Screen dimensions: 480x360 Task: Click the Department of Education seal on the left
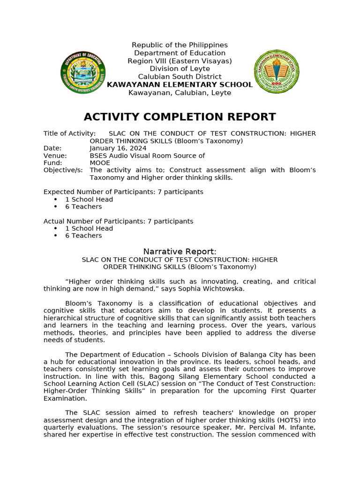point(83,73)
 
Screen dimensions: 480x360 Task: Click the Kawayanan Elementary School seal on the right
point(277,72)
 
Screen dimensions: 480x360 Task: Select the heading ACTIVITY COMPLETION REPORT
point(180,117)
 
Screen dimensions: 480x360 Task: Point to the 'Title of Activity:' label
point(69,134)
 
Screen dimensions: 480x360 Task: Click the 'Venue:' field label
point(55,156)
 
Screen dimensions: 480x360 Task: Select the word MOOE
point(100,163)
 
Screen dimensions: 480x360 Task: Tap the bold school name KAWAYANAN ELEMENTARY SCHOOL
point(180,85)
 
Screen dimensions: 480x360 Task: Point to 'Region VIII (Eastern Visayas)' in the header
point(180,61)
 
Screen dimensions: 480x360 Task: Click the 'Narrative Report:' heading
point(180,252)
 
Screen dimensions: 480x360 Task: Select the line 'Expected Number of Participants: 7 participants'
point(123,192)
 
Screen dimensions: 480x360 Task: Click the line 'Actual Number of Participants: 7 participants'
point(118,221)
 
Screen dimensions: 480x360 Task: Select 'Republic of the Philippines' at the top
point(180,45)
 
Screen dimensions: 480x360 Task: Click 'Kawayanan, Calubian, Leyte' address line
point(180,93)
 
